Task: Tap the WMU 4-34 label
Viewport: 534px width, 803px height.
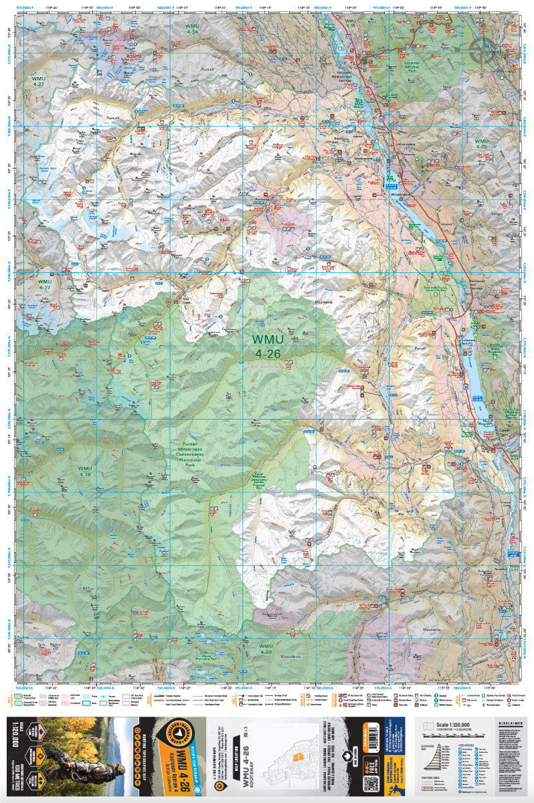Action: (x=193, y=28)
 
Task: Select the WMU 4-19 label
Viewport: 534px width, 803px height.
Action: (x=84, y=471)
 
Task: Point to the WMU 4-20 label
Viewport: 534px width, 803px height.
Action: (x=265, y=648)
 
